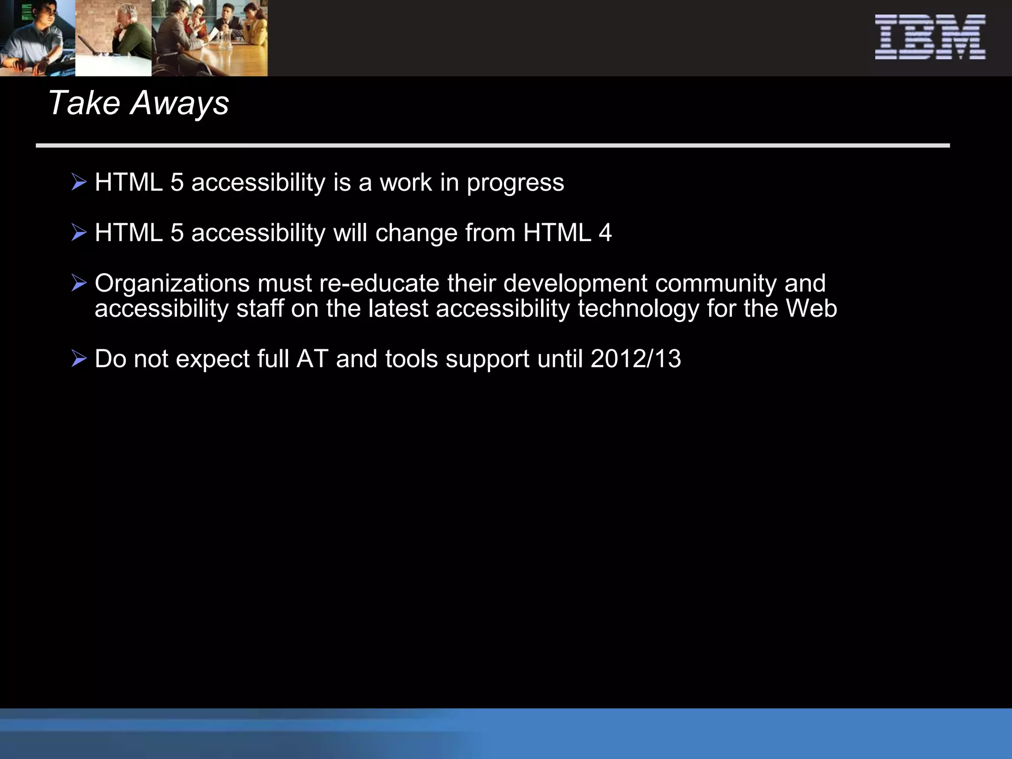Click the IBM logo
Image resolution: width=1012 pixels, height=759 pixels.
coord(930,37)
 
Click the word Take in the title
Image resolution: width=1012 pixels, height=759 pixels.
coord(84,103)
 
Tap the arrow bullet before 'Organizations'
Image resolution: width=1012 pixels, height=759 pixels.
coord(79,283)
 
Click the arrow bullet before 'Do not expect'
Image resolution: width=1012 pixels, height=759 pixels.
coord(79,358)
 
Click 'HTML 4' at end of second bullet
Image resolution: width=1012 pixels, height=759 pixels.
coord(567,233)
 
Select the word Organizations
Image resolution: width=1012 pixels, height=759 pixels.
coord(172,284)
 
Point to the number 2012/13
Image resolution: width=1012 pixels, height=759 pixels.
coord(635,359)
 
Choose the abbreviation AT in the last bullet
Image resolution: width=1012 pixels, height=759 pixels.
coord(312,359)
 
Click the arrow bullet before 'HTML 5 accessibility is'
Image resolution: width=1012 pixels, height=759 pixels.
coord(79,182)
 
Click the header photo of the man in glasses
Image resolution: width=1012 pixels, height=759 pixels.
coord(38,38)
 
